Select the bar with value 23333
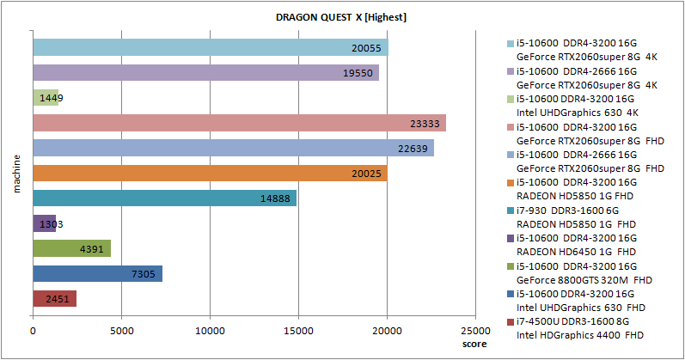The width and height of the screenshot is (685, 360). pyautogui.click(x=239, y=123)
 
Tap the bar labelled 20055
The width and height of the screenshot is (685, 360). pyautogui.click(x=210, y=47)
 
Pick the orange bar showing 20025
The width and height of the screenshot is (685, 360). pyautogui.click(x=210, y=174)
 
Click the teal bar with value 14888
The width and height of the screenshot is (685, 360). pyautogui.click(x=164, y=198)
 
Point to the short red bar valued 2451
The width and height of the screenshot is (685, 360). pyautogui.click(x=54, y=299)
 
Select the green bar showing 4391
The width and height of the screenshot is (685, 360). pyautogui.click(x=71, y=249)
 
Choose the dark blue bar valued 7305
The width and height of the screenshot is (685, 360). pyautogui.click(x=97, y=274)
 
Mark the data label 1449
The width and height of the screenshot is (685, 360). pyautogui.click(x=51, y=98)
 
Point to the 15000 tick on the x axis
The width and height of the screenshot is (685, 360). pyautogui.click(x=298, y=329)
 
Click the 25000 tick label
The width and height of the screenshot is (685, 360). pyautogui.click(x=475, y=329)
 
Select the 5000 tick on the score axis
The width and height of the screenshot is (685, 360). pyautogui.click(x=121, y=329)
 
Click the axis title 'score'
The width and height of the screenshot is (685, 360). pyautogui.click(x=474, y=344)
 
